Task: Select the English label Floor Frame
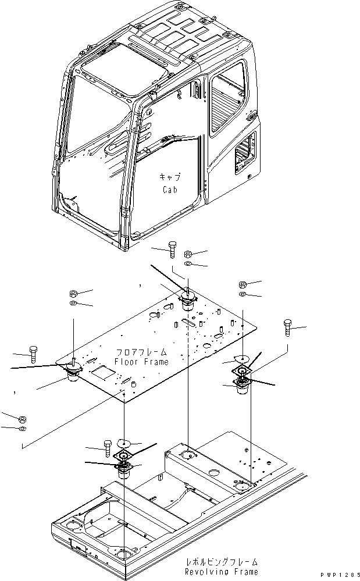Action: pos(141,362)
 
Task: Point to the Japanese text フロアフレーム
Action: pos(141,352)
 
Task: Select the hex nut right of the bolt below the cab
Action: pos(188,254)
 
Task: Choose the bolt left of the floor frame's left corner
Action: pos(34,354)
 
